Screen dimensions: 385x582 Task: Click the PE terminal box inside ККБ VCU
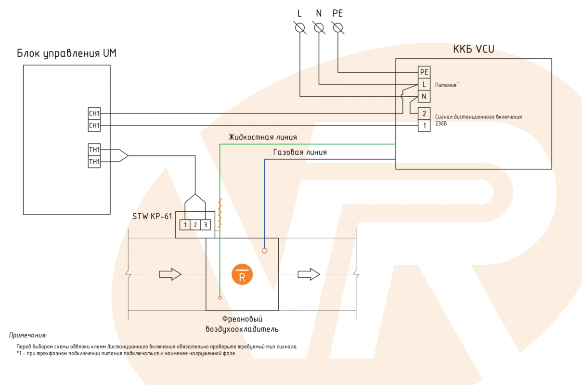tap(424, 72)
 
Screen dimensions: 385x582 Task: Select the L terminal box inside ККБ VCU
tap(424, 84)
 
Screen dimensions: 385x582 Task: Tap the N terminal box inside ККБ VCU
tap(424, 97)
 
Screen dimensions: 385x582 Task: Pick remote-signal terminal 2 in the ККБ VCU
tap(424, 114)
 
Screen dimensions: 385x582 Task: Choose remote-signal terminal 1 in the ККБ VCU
tap(424, 126)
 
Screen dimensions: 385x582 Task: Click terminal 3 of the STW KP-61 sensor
tap(206, 225)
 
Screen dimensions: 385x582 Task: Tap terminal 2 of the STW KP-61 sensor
tap(195, 225)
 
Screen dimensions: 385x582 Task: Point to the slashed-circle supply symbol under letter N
tap(319, 28)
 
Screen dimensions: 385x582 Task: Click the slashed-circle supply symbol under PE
tap(338, 28)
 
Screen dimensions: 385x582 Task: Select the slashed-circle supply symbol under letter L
tap(300, 28)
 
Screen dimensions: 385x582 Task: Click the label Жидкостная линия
tap(263, 137)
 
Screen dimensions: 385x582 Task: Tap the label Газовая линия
tap(300, 153)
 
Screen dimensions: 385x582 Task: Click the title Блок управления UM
tap(66, 53)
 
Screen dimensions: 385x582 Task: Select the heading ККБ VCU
tap(473, 49)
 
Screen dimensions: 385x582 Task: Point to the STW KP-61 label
tap(152, 216)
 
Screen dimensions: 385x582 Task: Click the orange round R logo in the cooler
tap(242, 275)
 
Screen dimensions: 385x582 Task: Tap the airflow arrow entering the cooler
tap(170, 274)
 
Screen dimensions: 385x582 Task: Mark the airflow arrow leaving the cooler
tap(309, 274)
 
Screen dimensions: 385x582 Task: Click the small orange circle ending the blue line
tap(264, 251)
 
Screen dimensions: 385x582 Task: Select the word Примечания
tap(28, 335)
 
